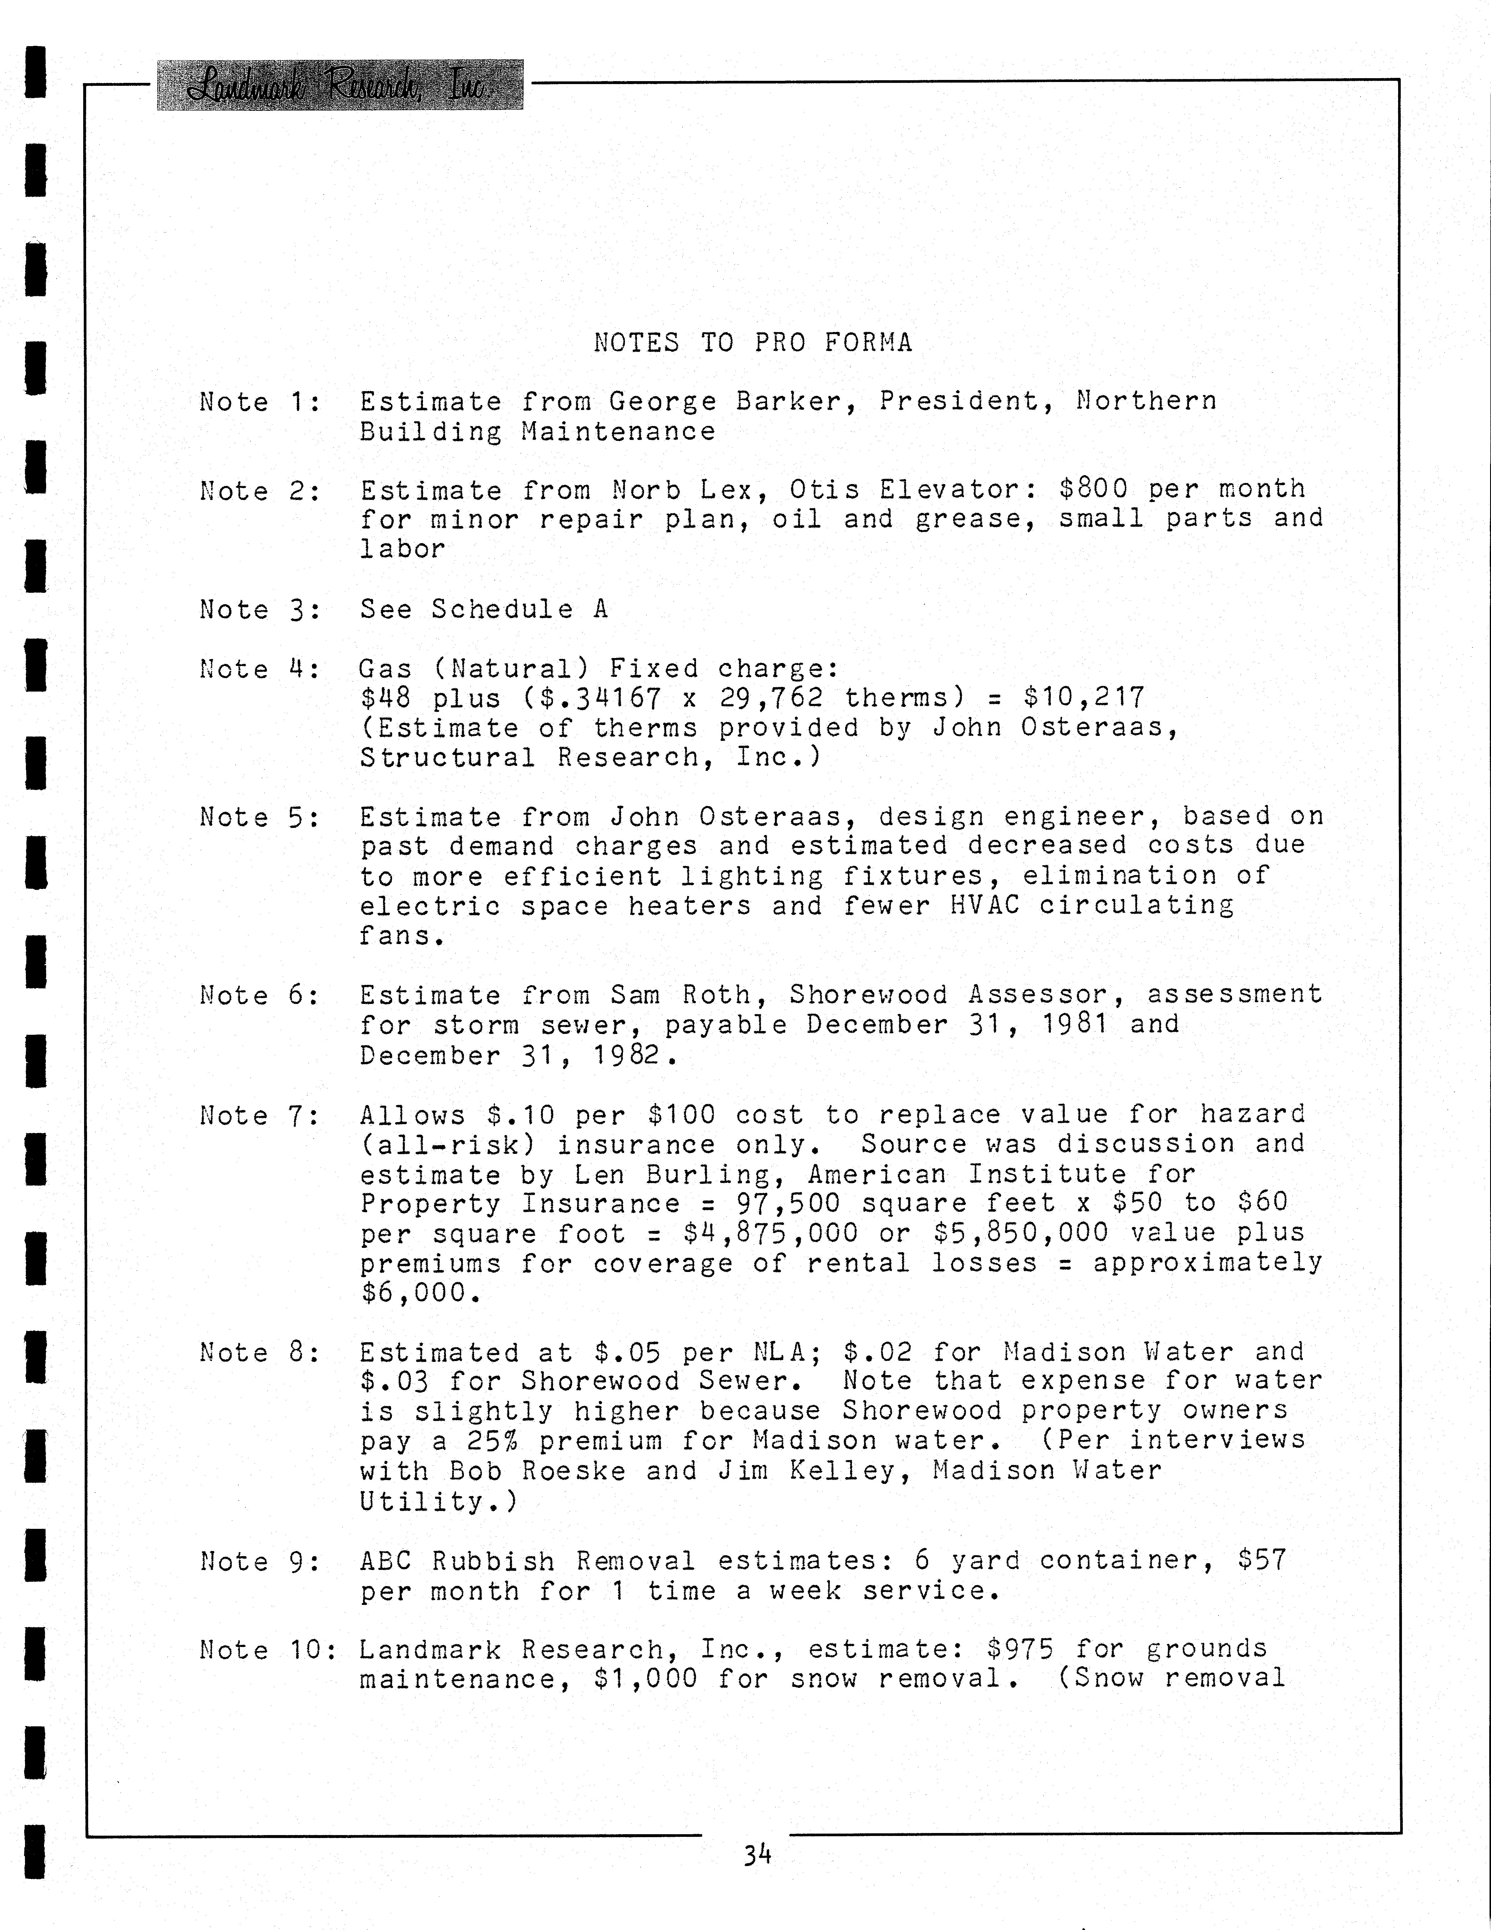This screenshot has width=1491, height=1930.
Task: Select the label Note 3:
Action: (x=260, y=610)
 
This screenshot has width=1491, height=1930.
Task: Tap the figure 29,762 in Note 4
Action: (x=771, y=698)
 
